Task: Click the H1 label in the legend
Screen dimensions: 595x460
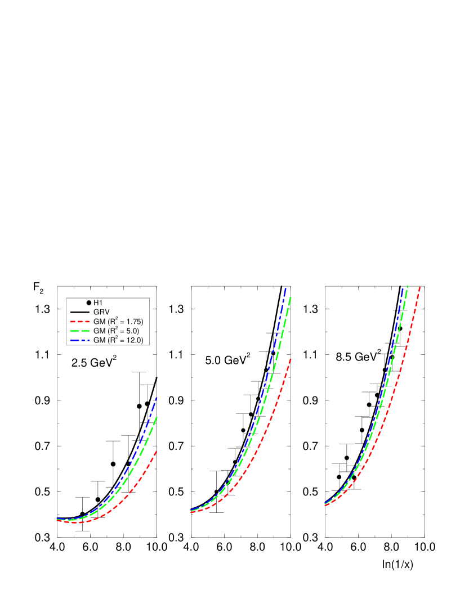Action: tap(98, 303)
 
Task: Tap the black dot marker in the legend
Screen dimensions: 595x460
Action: tap(89, 303)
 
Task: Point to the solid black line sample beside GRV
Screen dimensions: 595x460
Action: tap(80, 312)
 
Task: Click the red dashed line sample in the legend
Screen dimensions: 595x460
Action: tap(80, 322)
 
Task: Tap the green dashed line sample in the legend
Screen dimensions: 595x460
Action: tap(80, 331)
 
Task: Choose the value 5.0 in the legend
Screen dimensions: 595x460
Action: tap(131, 331)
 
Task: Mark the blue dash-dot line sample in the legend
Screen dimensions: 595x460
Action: tap(80, 340)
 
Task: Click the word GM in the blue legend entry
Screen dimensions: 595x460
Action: tap(99, 340)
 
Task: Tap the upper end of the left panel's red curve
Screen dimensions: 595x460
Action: tap(156, 451)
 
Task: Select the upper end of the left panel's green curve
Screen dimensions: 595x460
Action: tap(157, 417)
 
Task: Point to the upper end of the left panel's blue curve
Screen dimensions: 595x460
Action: tap(157, 397)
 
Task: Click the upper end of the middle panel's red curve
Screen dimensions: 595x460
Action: tap(291, 358)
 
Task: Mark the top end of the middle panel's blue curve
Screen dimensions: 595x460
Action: tap(286, 287)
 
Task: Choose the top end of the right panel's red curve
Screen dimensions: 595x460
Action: tap(421, 287)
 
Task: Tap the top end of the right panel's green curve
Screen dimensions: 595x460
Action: tap(408, 286)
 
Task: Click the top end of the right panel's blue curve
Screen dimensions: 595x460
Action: tap(403, 287)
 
